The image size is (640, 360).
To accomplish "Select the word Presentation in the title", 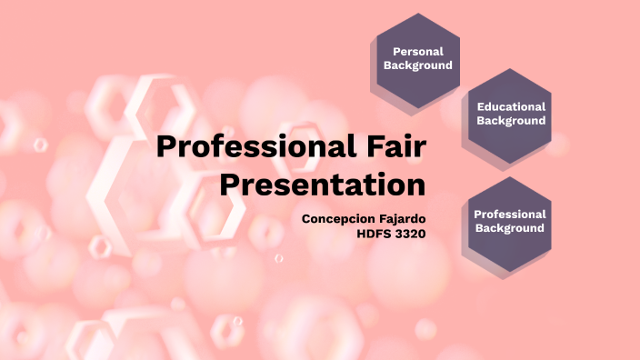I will [323, 185].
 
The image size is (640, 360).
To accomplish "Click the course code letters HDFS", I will [374, 233].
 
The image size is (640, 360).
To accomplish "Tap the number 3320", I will [409, 233].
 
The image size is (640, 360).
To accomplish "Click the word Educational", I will [511, 106].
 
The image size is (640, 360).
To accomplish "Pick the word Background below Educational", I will [511, 120].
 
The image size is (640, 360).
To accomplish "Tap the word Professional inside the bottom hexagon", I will [510, 215].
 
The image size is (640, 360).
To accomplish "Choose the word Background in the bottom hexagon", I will [510, 228].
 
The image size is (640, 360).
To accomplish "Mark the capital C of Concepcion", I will [305, 219].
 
